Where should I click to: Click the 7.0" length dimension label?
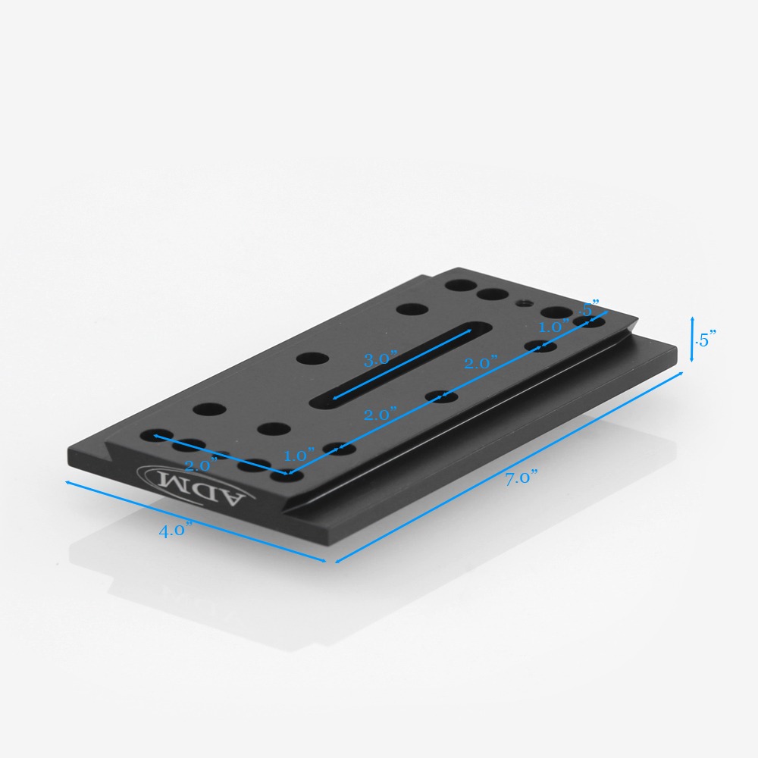(522, 478)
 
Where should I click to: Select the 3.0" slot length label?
(380, 359)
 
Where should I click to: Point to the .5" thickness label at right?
(705, 340)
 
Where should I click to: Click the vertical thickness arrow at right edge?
(692, 340)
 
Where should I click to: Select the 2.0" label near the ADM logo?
(201, 465)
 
